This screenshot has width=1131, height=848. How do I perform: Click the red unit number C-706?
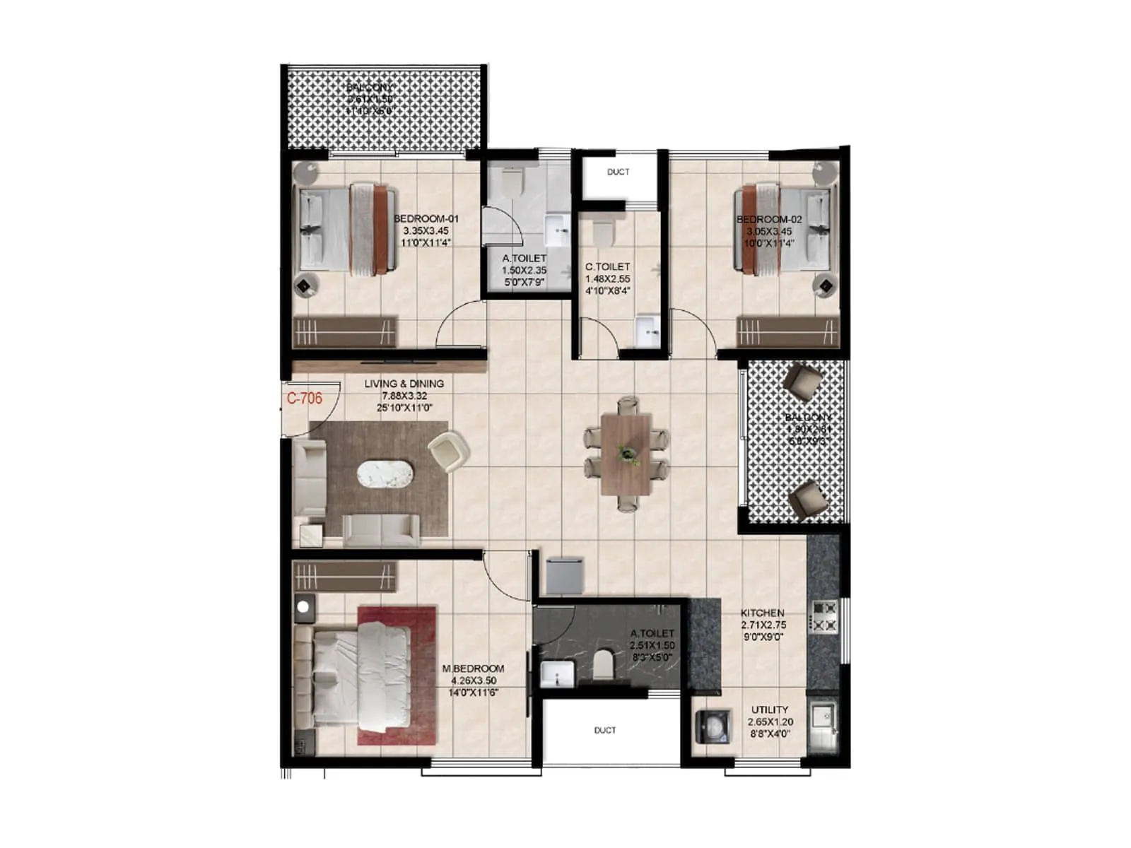(304, 399)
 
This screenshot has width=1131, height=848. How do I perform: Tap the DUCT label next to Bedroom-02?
(618, 172)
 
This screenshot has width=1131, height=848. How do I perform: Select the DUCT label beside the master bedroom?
(604, 730)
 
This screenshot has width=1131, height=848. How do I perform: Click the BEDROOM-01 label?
(426, 219)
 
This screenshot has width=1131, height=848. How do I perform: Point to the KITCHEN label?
(762, 613)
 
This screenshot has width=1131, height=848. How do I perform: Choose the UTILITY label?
(769, 709)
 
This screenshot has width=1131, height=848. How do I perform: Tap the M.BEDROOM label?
(473, 669)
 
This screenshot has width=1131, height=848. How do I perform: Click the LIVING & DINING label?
(404, 384)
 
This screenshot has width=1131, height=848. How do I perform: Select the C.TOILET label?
(607, 266)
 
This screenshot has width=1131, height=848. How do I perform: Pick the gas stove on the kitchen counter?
(824, 616)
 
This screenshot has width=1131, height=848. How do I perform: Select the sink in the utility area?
(822, 717)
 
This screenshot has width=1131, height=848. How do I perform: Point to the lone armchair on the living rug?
(448, 451)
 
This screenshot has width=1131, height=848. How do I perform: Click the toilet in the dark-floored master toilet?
(602, 664)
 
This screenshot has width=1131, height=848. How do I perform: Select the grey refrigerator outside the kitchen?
(564, 575)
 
